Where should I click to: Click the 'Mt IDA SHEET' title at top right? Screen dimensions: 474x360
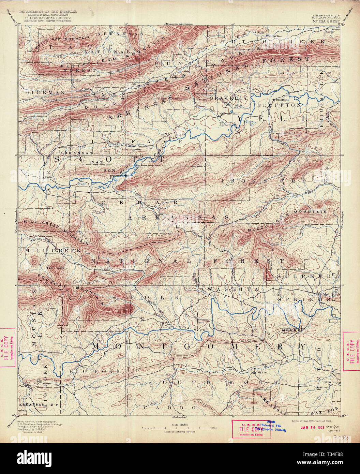point(325,21)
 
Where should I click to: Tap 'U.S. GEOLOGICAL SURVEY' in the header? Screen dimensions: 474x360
point(48,18)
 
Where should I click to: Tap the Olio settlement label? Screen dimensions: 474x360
point(134,84)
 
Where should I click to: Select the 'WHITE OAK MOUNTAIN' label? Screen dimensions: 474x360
point(63,43)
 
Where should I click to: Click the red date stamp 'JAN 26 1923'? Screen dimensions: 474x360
point(312,427)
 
